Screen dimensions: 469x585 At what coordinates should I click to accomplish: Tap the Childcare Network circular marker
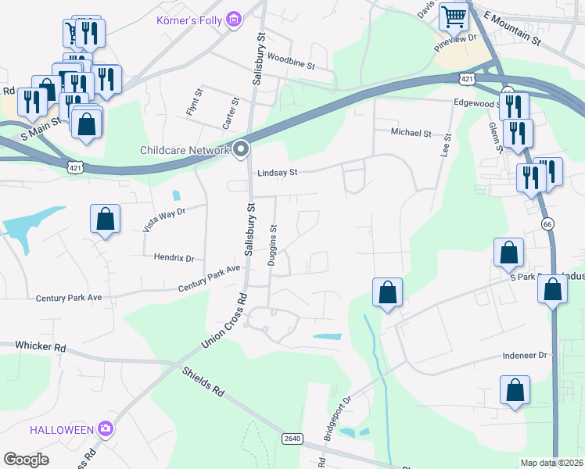[x=241, y=149]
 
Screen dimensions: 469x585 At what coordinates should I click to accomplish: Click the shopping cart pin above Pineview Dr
[x=453, y=16]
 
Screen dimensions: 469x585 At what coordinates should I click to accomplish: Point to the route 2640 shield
[x=292, y=439]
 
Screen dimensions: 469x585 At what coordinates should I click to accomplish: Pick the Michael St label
[x=411, y=134]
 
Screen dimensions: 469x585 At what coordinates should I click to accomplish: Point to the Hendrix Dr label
[x=174, y=257]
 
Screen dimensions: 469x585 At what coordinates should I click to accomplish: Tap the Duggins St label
[x=274, y=246]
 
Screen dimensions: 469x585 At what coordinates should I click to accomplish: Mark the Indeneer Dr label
[x=525, y=354]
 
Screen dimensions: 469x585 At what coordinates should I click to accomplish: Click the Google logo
[x=26, y=460]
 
